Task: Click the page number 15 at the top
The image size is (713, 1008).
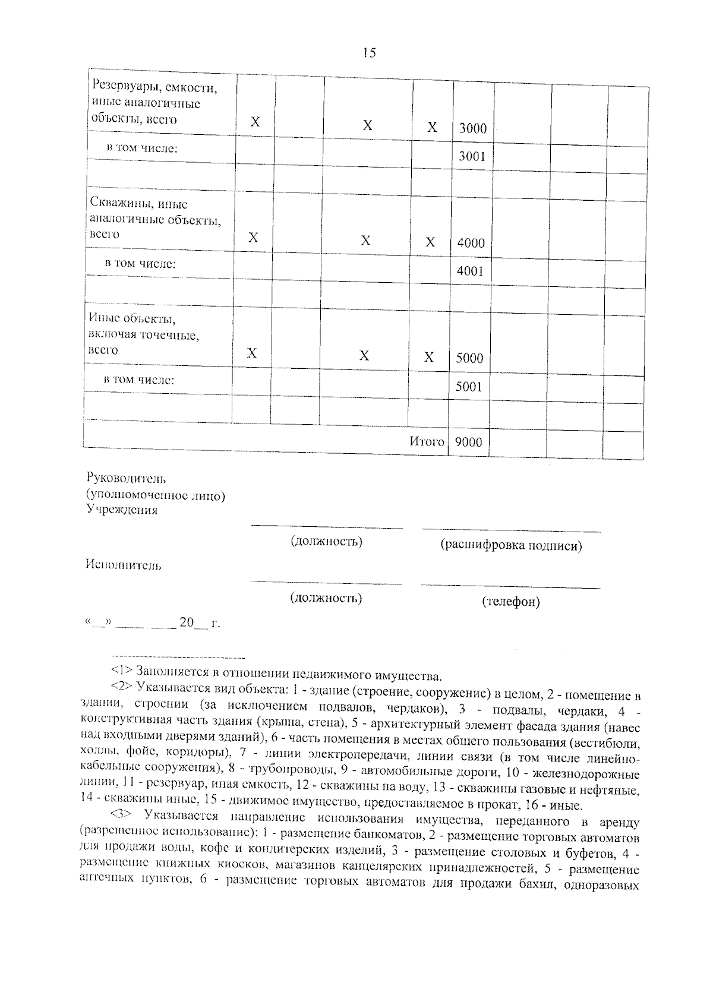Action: click(x=369, y=53)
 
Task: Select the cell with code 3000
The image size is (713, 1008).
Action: click(x=472, y=128)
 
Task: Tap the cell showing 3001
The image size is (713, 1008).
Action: click(x=472, y=156)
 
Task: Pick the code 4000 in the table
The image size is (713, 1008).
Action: click(x=471, y=243)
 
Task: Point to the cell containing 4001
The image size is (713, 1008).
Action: click(x=470, y=271)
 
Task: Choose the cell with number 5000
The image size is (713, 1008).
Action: click(x=469, y=358)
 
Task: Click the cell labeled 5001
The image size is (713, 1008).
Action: click(x=469, y=387)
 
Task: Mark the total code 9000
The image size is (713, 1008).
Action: click(x=468, y=442)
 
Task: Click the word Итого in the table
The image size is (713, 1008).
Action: click(x=427, y=441)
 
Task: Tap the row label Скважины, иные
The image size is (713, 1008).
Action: click(x=138, y=204)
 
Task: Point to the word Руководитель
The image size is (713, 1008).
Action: click(x=126, y=478)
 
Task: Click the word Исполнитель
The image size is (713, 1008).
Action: click(x=124, y=565)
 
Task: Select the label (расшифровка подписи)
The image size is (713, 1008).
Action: click(x=510, y=545)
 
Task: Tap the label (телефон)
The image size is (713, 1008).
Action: click(x=510, y=602)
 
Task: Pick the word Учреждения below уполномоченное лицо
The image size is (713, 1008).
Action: click(x=122, y=510)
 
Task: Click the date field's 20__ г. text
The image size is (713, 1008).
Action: click(x=199, y=623)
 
